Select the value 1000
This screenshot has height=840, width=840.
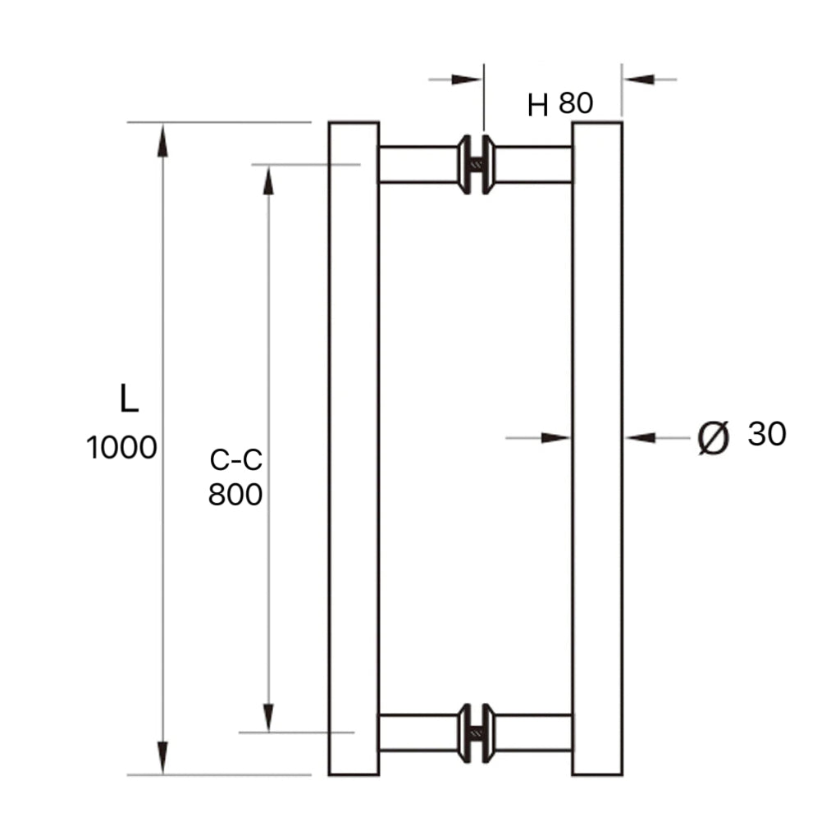pos(121,448)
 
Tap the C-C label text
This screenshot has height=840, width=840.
pos(235,461)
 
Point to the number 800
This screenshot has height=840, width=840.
pos(235,495)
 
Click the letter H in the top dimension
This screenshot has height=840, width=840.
pos(537,105)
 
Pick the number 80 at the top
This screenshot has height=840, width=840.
pos(576,103)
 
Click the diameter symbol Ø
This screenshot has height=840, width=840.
pos(713,437)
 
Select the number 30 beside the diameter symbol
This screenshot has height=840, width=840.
pos(767,434)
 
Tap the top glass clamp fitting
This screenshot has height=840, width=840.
pos(477,165)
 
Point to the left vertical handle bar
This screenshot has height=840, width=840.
pos(354,448)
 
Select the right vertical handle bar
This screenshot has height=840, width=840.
pos(597,448)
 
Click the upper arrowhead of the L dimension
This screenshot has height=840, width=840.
pos(162,139)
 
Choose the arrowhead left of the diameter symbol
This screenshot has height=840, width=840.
pos(641,438)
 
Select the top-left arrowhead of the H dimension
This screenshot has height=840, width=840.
pos(467,80)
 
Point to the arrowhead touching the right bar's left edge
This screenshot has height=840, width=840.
pos(556,438)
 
